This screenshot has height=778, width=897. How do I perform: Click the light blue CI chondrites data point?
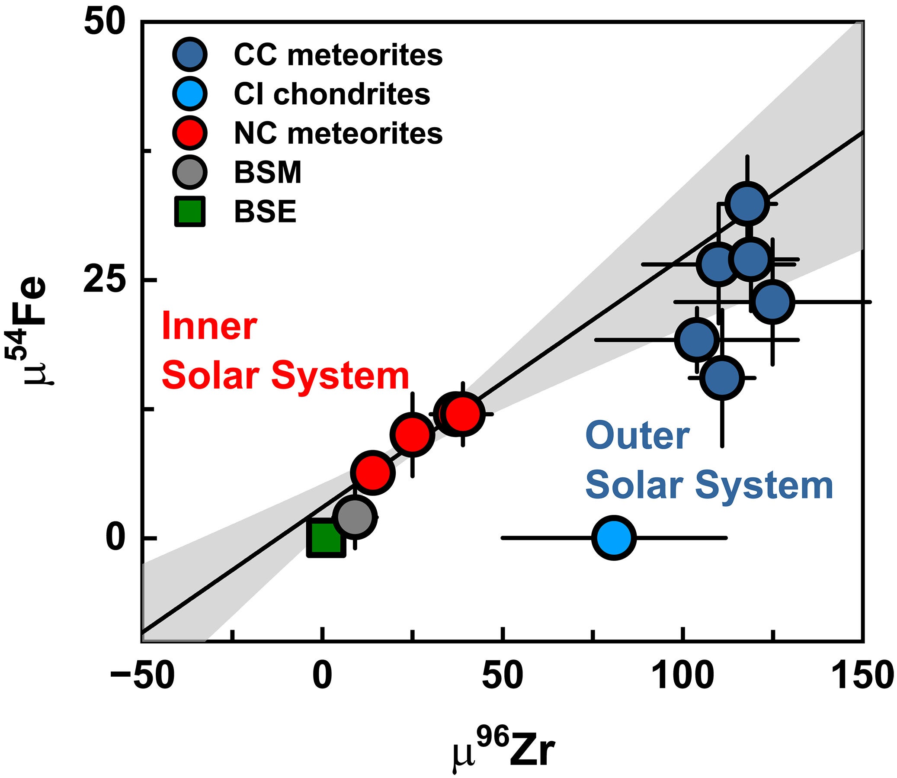pyautogui.click(x=614, y=537)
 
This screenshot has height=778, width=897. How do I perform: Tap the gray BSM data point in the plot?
pyautogui.click(x=356, y=517)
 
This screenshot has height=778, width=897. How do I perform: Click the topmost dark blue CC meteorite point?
pyautogui.click(x=747, y=203)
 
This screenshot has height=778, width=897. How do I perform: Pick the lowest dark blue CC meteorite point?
pyautogui.click(x=722, y=378)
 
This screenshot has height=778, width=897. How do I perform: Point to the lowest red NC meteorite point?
pyautogui.click(x=372, y=473)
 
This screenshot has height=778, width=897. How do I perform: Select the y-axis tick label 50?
pyautogui.click(x=105, y=23)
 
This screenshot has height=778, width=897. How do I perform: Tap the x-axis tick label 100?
pyautogui.click(x=683, y=676)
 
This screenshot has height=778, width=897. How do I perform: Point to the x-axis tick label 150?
pyautogui.click(x=862, y=676)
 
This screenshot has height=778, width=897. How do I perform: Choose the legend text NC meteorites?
pyautogui.click(x=338, y=133)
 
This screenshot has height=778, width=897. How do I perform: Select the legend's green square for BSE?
pyautogui.click(x=190, y=212)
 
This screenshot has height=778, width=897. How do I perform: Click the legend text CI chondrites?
pyautogui.click(x=332, y=94)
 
